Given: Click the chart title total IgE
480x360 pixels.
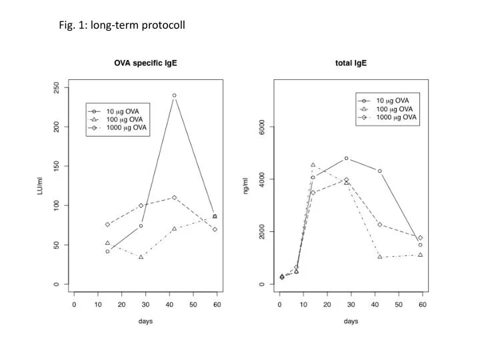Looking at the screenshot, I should click(x=351, y=63).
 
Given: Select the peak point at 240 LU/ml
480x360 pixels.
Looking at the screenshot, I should click(x=174, y=95).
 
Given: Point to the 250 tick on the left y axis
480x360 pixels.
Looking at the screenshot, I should click(x=57, y=87).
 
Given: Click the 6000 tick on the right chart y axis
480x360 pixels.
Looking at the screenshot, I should click(x=262, y=127).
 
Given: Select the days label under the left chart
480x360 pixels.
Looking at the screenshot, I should click(x=145, y=321).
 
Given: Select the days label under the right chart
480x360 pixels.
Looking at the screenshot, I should click(x=351, y=321).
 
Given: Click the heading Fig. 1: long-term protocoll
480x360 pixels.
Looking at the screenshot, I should click(x=121, y=25).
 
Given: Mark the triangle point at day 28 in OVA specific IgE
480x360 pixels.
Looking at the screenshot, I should click(x=141, y=257).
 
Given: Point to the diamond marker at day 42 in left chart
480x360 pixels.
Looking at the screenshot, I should click(x=174, y=197).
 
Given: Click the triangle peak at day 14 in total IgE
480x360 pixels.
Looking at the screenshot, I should click(x=313, y=165).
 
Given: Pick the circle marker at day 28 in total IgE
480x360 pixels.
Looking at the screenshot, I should click(x=346, y=158).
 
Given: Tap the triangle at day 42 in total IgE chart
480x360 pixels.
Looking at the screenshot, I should click(x=379, y=257).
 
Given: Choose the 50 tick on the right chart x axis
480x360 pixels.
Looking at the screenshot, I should click(x=398, y=304).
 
